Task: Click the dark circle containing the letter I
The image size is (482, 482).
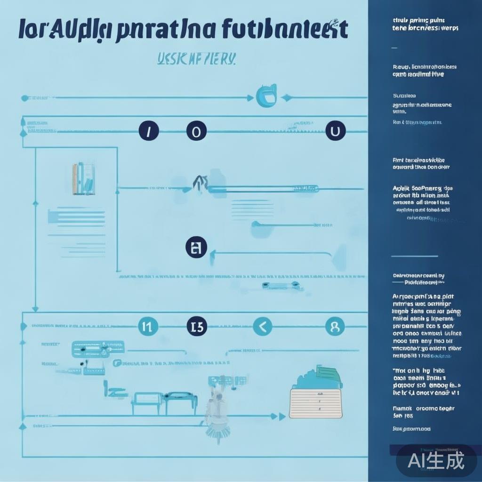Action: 148,131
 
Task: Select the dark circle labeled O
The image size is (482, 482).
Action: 196,131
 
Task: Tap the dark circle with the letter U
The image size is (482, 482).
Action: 335,131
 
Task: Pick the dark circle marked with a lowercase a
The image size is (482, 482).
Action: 196,248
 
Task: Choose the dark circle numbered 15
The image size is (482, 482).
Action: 196,326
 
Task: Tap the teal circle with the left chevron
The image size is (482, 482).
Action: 263,326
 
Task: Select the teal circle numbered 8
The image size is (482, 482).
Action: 335,326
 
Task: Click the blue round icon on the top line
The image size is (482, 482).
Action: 266,96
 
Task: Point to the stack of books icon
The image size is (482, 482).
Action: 83,179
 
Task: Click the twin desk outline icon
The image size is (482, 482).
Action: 164,402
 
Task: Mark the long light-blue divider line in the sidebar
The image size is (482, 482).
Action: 414,257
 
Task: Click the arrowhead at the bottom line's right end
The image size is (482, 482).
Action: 282,416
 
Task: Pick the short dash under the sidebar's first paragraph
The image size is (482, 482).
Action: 394,48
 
